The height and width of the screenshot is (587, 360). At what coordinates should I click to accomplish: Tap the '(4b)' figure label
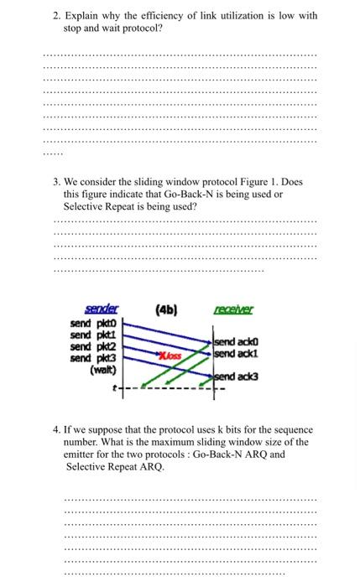(164, 309)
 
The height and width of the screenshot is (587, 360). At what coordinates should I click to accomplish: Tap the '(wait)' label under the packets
(104, 369)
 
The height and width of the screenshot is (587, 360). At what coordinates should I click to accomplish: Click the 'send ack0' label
(237, 342)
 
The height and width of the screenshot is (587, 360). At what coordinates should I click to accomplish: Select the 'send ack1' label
(237, 354)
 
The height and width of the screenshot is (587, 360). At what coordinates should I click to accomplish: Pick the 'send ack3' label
(237, 377)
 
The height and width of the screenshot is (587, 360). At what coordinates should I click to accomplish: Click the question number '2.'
(56, 16)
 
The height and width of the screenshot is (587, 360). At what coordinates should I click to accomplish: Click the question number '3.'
(56, 182)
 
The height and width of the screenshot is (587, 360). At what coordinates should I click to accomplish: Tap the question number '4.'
(56, 429)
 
